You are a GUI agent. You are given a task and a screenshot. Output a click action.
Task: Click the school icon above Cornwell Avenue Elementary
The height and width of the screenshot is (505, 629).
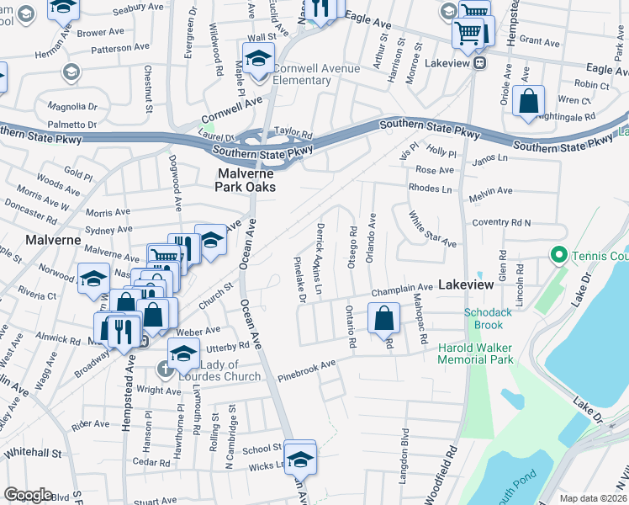pos(258,59)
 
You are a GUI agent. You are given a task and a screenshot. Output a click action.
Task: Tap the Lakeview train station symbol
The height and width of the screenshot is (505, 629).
pos(479,62)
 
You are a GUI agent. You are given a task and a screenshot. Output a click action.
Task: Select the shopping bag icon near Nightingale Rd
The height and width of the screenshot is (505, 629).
pos(528,102)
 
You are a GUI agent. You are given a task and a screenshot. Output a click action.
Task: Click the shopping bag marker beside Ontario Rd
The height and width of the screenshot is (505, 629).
pos(383,319)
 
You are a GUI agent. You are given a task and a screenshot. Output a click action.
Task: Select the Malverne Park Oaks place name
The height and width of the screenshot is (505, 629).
pos(245,180)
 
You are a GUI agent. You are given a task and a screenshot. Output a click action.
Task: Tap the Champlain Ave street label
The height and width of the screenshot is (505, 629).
pos(402,288)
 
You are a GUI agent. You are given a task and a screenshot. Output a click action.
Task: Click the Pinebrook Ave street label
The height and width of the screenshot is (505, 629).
pos(307,368)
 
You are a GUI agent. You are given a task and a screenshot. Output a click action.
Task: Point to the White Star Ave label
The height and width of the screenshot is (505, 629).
pos(431,231)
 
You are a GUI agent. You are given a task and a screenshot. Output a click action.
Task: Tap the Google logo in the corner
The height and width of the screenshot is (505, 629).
pos(28,495)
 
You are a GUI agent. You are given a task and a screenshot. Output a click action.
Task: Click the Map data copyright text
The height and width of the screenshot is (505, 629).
pos(594,498)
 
